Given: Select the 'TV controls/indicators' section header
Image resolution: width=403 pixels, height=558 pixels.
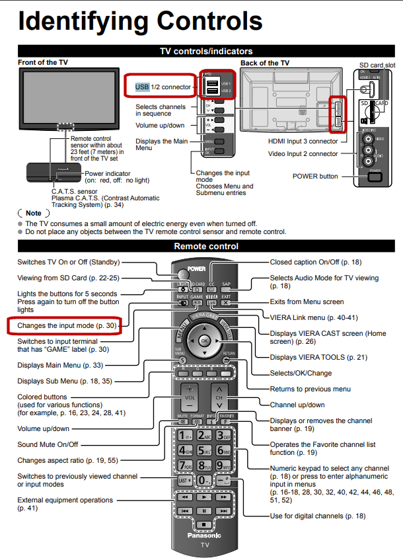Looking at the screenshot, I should pos(206,51).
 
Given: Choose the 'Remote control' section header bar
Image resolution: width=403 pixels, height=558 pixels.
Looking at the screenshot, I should pos(206,247).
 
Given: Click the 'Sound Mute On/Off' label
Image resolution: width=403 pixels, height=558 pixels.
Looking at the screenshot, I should pos(48,444).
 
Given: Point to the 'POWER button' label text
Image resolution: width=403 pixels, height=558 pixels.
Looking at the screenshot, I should pos(315,177).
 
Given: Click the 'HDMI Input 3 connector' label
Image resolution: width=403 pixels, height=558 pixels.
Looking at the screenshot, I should pos(303,141).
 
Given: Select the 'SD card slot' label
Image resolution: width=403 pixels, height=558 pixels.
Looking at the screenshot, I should pos(377,65).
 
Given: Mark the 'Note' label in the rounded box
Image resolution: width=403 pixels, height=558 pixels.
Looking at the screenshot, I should pos(33,214).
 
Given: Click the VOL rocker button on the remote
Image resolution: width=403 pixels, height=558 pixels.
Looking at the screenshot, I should pos(190,399).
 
